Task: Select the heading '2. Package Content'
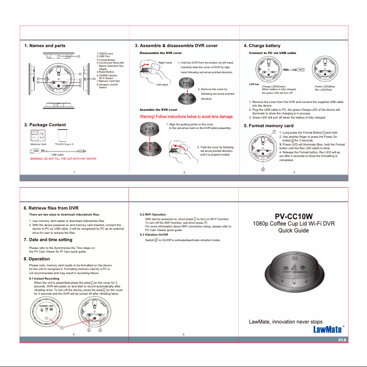(x=45, y=124)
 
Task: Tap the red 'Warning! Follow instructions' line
(x=186, y=117)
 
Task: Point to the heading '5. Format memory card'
(x=269, y=125)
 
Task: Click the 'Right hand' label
(x=165, y=62)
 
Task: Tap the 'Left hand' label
(x=162, y=85)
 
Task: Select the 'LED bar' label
(x=254, y=85)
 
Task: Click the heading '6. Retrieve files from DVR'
(x=51, y=208)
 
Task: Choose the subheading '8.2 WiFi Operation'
(x=152, y=214)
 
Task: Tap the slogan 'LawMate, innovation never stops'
(x=285, y=322)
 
